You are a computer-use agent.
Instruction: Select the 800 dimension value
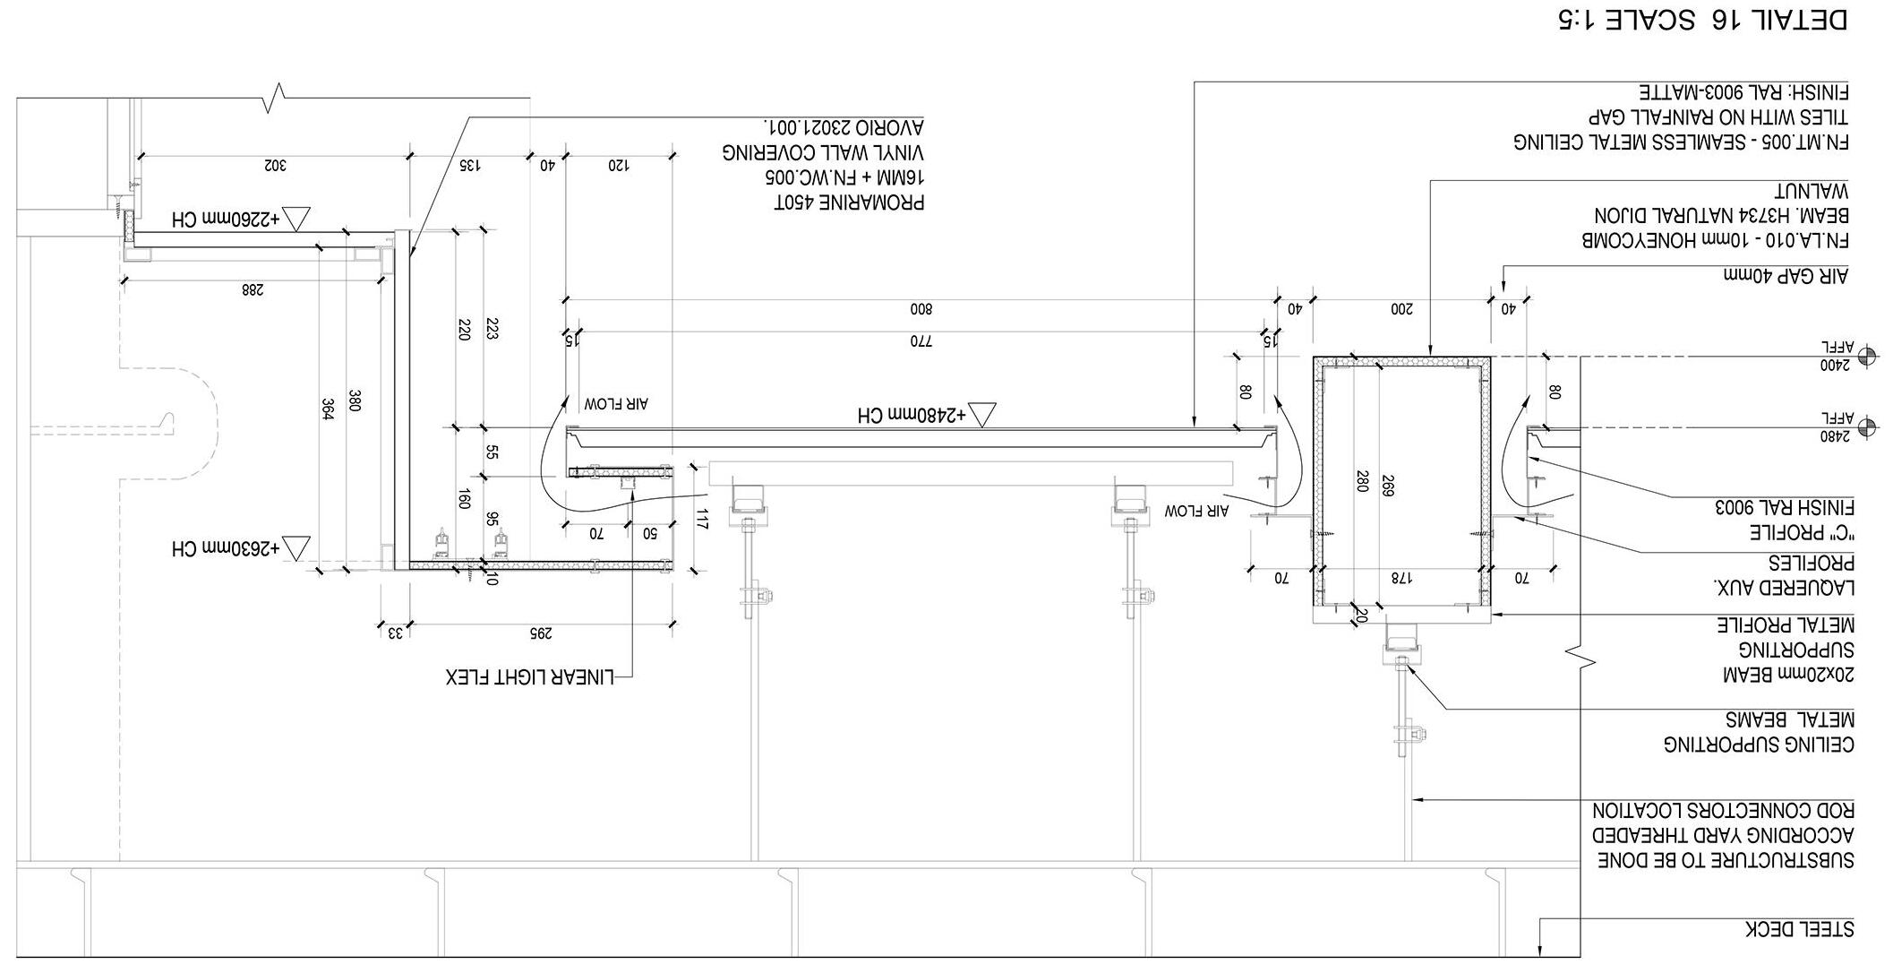pos(921,309)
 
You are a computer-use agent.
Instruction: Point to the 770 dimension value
pos(921,340)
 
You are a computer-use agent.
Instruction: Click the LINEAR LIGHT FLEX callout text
pos(530,676)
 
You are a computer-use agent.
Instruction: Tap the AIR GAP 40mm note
pos(1786,276)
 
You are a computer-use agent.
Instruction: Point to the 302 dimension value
pos(273,165)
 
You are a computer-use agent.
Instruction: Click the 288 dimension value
pos(253,289)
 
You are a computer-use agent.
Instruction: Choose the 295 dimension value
pos(539,633)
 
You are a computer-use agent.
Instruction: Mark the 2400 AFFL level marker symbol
pos(1867,357)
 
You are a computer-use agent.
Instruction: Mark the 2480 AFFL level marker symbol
pos(1867,427)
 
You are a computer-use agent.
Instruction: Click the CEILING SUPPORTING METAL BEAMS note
pos(1759,732)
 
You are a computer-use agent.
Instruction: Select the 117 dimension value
pos(702,519)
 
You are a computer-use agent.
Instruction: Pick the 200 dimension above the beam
pos(1401,309)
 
